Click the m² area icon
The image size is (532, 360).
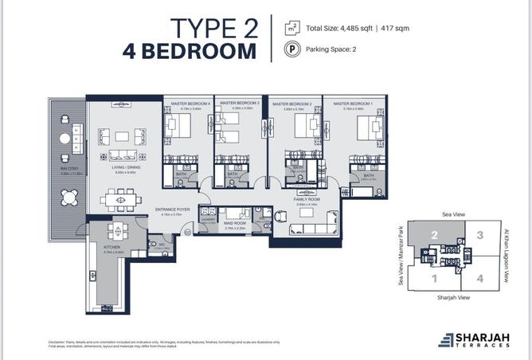coord(293,28)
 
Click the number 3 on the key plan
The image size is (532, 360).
coord(479,236)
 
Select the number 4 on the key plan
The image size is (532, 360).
coord(479,279)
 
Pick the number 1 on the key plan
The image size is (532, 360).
coord(434,279)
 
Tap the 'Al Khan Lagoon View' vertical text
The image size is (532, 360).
coord(507,256)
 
